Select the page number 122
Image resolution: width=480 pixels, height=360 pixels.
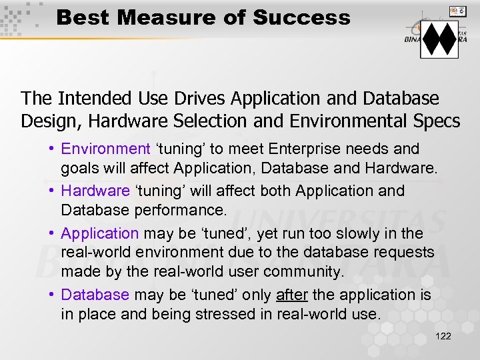pos(443,336)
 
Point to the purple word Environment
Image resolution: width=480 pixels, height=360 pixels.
pos(105,149)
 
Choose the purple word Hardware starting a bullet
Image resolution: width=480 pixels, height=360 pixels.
pos(95,191)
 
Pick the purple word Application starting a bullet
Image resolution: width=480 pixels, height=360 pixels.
pos(99,233)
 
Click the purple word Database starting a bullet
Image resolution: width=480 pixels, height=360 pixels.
pos(95,295)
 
